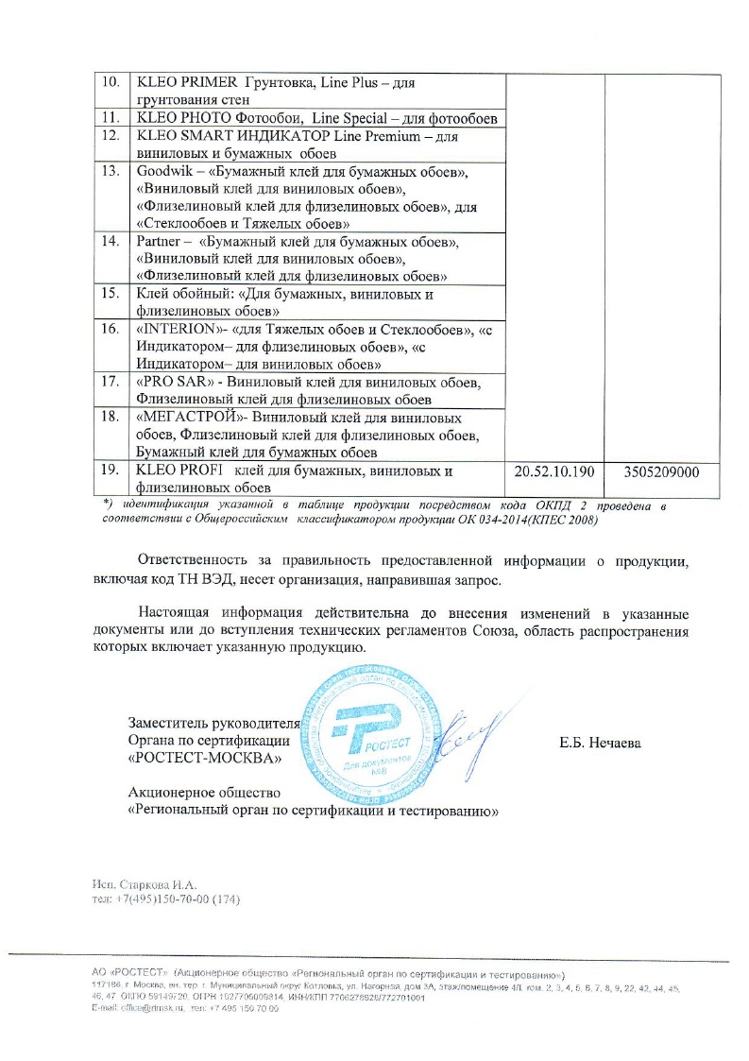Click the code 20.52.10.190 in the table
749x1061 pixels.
[555, 471]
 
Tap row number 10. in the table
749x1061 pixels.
[111, 82]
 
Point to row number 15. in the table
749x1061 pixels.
[111, 293]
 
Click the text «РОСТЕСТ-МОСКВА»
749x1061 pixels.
[205, 759]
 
